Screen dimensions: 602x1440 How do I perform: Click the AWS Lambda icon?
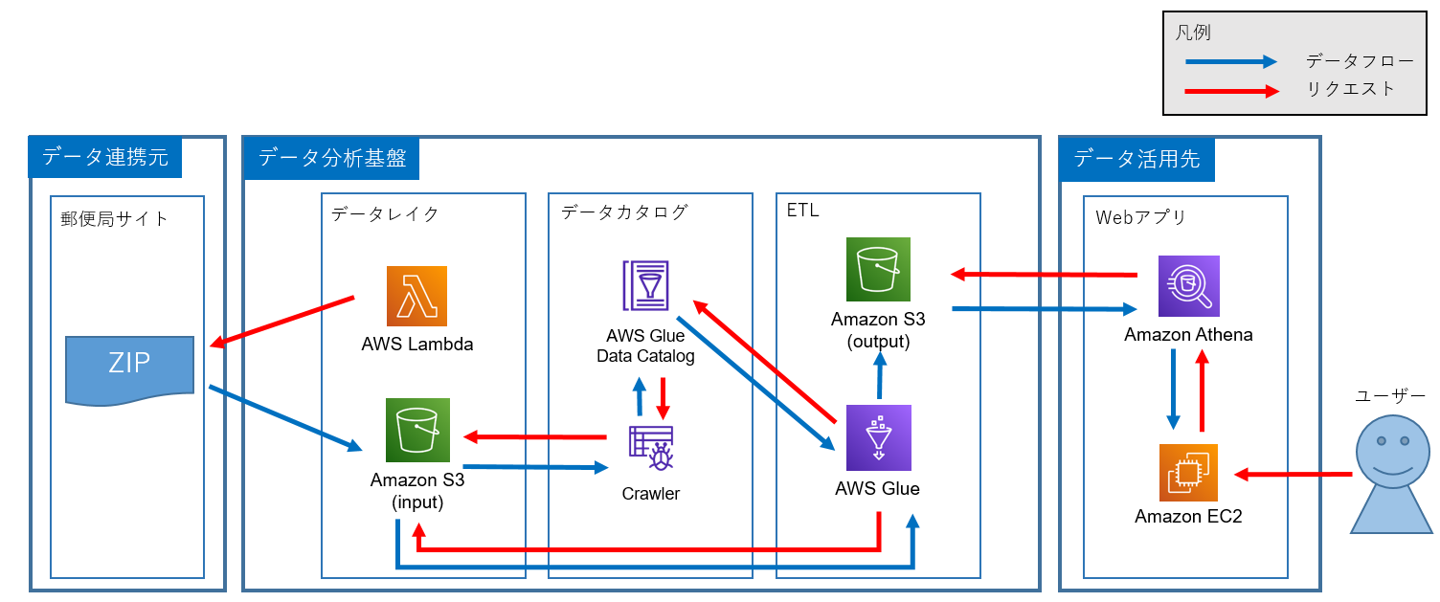(x=416, y=296)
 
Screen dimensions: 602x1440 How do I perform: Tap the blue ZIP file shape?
(x=129, y=368)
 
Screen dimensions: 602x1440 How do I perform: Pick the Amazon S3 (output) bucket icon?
(x=878, y=269)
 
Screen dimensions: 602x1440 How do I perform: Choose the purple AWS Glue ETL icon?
(x=878, y=437)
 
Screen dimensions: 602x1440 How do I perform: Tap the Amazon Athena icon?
(x=1188, y=286)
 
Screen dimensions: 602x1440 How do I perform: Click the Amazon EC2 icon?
(x=1188, y=473)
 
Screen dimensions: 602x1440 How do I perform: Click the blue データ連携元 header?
(x=105, y=157)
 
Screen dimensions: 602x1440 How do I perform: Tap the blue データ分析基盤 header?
(x=332, y=157)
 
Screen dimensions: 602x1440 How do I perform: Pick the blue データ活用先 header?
(x=1136, y=158)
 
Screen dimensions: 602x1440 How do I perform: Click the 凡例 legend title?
(x=1193, y=33)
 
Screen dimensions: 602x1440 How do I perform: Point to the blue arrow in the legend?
(x=1231, y=62)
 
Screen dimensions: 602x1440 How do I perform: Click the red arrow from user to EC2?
(x=1293, y=474)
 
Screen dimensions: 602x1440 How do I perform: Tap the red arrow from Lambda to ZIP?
(x=282, y=323)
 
